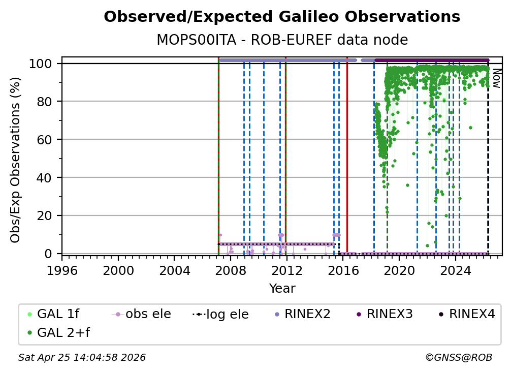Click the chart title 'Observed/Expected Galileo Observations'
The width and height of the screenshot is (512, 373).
[282, 17]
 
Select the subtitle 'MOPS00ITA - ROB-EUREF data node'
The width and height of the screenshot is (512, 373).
[282, 40]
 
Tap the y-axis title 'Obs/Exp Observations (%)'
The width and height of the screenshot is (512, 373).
[16, 160]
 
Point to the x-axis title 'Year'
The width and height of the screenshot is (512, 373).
[282, 289]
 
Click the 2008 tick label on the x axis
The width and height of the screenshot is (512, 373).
[231, 267]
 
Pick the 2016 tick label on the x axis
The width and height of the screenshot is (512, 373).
[343, 267]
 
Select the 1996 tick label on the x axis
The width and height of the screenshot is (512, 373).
[62, 267]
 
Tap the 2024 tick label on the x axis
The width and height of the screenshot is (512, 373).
[455, 267]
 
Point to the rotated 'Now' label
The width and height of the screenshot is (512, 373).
[496, 79]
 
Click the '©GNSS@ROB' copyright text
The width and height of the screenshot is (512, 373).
[458, 358]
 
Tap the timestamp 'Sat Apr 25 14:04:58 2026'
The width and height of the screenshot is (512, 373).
[82, 358]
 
